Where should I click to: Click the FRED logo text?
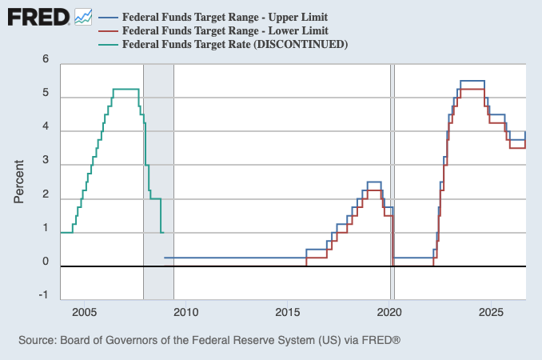(38, 18)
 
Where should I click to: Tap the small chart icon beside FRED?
(83, 17)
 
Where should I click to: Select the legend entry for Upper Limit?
(213, 17)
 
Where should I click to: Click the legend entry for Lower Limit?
(213, 30)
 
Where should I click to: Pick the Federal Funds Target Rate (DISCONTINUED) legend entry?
(223, 45)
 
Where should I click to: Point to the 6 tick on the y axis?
(46, 58)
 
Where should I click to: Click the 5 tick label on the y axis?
(46, 93)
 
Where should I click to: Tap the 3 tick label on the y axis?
(46, 160)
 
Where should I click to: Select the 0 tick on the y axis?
(46, 262)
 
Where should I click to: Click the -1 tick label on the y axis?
(43, 295)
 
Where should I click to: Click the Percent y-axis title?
(18, 182)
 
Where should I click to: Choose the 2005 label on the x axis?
(85, 312)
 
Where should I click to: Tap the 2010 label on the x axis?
(186, 312)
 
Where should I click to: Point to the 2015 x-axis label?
(288, 312)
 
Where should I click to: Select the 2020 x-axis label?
(389, 312)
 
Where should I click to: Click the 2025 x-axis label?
(491, 312)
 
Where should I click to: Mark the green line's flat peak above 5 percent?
(126, 90)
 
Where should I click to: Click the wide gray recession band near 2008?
(158, 182)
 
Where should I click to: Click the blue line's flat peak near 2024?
(472, 81)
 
